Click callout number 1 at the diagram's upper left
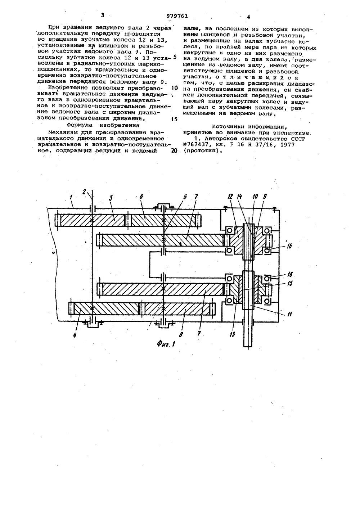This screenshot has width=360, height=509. coord(71,198)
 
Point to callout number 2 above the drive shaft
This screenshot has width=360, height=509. coord(84,191)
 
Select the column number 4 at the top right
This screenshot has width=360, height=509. coord(248,17)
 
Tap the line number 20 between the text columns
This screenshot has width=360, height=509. coord(174,151)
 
